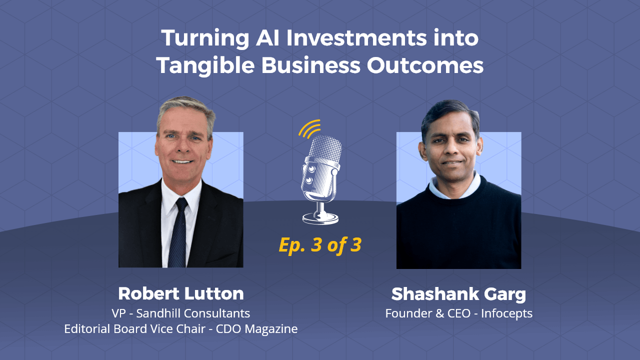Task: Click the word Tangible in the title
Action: point(205,65)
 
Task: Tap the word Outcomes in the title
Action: point(425,65)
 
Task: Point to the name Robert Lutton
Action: point(181,293)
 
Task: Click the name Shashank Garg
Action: point(458,294)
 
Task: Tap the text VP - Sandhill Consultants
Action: point(181,313)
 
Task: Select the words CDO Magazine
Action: point(256,329)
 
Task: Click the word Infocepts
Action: point(506,313)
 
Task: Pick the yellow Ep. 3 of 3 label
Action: point(320,245)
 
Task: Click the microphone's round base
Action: point(320,218)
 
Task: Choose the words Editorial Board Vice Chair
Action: point(134,329)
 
